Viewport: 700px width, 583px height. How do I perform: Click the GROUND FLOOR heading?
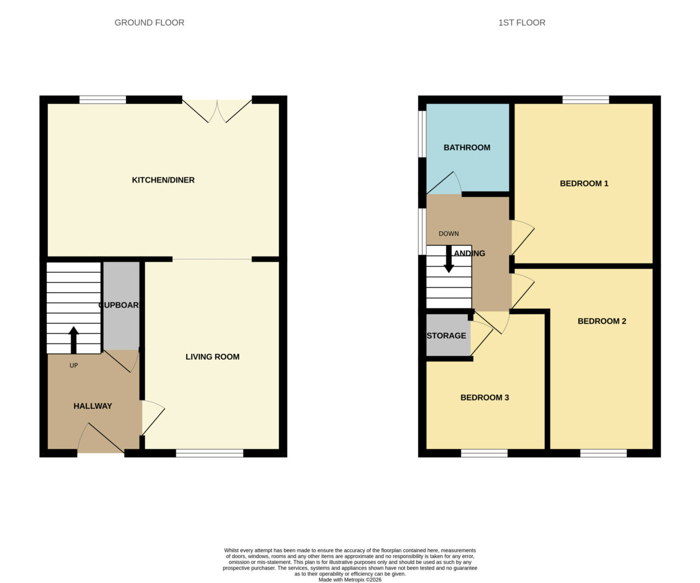pyautogui.click(x=149, y=23)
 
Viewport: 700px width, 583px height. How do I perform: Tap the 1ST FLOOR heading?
pyautogui.click(x=521, y=23)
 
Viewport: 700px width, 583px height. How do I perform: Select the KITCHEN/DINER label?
pyautogui.click(x=163, y=180)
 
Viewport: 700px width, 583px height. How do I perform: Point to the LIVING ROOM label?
pyautogui.click(x=212, y=356)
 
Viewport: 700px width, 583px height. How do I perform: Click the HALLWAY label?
pyautogui.click(x=93, y=406)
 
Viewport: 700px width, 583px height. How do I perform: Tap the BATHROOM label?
pyautogui.click(x=467, y=147)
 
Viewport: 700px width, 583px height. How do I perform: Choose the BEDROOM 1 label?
pyautogui.click(x=584, y=183)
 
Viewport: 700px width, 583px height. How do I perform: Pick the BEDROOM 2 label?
pyautogui.click(x=602, y=321)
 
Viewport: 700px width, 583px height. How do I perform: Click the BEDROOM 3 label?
pyautogui.click(x=485, y=398)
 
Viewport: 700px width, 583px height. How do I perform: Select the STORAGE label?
pyautogui.click(x=446, y=335)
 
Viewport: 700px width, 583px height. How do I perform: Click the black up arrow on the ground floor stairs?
pyautogui.click(x=73, y=340)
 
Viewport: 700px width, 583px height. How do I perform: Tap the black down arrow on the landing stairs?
pyautogui.click(x=449, y=259)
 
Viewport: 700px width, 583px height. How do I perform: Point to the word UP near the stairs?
pyautogui.click(x=73, y=365)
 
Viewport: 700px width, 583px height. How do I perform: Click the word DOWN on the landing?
pyautogui.click(x=449, y=234)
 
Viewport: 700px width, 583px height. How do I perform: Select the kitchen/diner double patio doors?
pyautogui.click(x=217, y=111)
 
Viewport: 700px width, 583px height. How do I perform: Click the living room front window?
pyautogui.click(x=209, y=453)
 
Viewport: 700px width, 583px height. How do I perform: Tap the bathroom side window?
pyautogui.click(x=422, y=134)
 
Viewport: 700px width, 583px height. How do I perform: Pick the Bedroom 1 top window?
pyautogui.click(x=586, y=100)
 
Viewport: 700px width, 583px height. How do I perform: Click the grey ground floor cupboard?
pyautogui.click(x=121, y=306)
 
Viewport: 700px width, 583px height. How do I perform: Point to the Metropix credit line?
pyautogui.click(x=350, y=580)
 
